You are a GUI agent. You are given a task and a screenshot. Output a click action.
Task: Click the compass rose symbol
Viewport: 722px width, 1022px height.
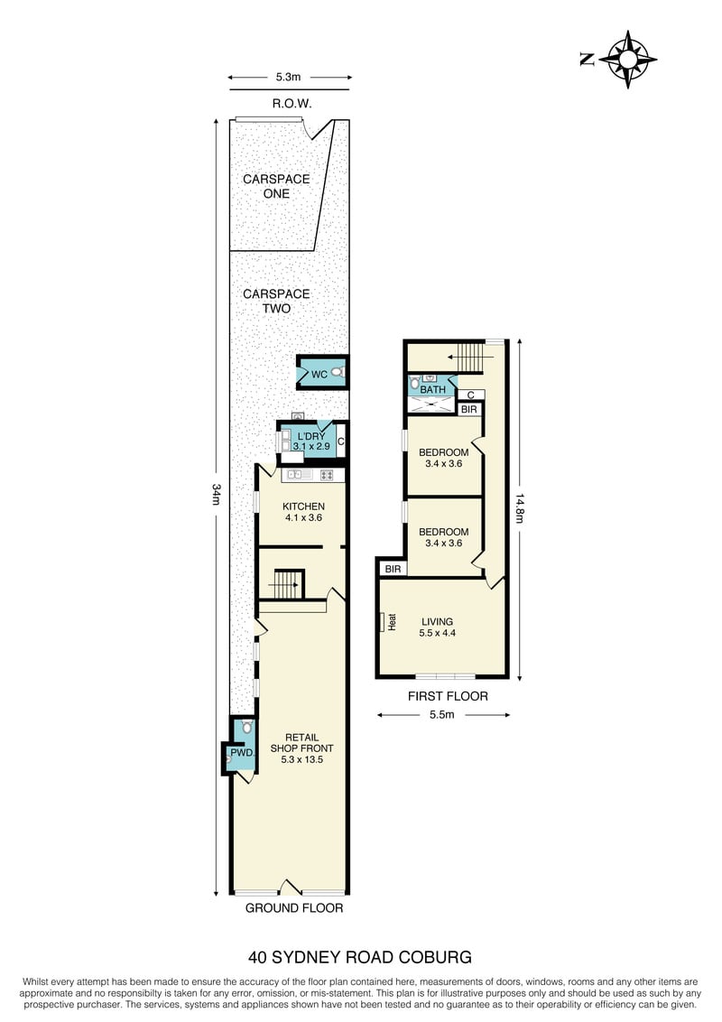[627, 60]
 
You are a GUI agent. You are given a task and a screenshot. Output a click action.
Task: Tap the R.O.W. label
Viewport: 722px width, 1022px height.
[292, 103]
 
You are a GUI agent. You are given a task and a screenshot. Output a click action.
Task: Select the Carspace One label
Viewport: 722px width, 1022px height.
[276, 186]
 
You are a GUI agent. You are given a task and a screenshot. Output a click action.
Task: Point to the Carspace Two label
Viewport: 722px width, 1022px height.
[276, 302]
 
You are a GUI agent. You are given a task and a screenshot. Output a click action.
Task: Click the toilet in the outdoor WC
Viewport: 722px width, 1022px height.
[337, 372]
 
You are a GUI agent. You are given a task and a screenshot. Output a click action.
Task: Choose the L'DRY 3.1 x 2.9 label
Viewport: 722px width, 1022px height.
[310, 441]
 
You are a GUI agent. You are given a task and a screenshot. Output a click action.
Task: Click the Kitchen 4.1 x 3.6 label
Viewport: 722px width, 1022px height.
[303, 512]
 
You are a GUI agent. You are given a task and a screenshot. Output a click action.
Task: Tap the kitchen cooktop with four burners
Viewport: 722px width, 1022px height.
[327, 475]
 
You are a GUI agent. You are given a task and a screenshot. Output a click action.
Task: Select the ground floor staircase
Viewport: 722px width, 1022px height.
[286, 584]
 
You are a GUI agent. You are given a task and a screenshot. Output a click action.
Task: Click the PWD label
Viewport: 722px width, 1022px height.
[242, 753]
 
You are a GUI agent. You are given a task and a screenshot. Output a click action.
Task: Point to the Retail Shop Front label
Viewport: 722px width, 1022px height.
[301, 748]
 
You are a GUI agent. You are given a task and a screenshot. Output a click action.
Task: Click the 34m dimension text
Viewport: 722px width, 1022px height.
[217, 494]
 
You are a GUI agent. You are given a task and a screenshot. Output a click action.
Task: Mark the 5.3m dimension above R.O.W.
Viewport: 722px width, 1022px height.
[288, 77]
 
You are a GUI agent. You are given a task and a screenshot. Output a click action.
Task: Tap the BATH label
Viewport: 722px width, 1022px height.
[432, 390]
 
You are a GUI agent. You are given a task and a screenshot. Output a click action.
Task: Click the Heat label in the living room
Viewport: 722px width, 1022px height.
[393, 622]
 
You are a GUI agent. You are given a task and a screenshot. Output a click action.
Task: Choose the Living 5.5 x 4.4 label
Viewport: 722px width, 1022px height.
[437, 627]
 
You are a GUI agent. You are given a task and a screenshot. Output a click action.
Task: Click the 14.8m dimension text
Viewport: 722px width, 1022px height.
[519, 508]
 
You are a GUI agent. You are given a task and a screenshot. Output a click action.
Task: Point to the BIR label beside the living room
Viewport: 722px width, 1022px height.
[393, 569]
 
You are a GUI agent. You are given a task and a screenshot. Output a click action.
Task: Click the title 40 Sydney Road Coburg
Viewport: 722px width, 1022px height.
[360, 957]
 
